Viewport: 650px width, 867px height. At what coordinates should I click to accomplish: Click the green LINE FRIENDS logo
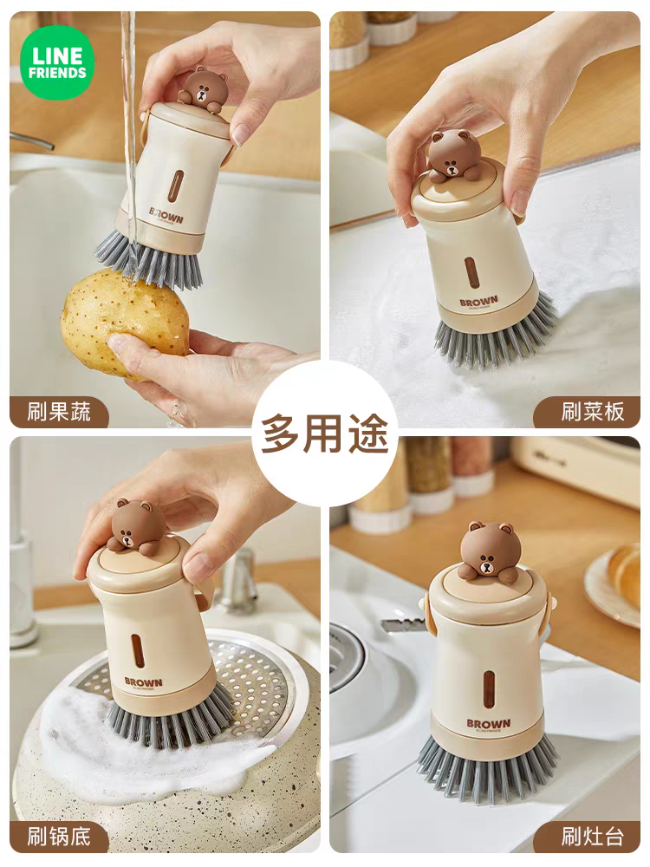coord(57,63)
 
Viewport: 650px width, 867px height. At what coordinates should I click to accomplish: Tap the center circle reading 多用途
coord(324,433)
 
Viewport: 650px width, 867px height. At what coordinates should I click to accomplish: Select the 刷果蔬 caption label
coord(59,412)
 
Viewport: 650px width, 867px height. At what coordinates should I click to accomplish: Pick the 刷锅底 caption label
coord(59,837)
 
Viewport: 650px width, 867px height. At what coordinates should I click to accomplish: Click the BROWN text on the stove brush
coord(489,723)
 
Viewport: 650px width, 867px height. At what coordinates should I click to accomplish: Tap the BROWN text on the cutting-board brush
coord(478,301)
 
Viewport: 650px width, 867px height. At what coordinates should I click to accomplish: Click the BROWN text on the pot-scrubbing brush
coord(144,681)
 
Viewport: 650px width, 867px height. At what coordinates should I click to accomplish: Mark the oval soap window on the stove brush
coord(489,689)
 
